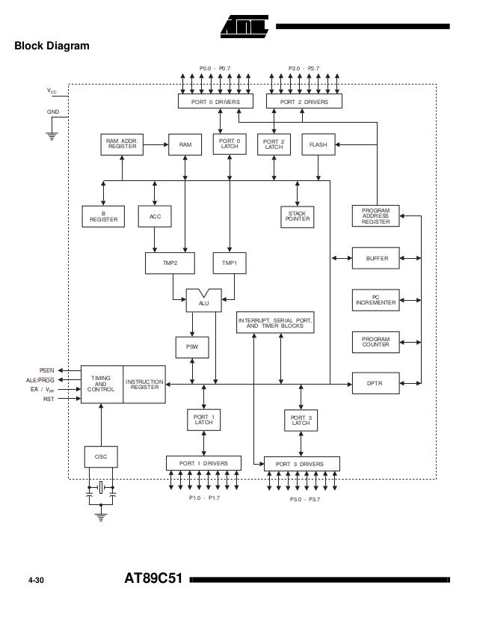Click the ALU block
point(203,302)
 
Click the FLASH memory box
point(319,144)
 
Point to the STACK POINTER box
point(298,217)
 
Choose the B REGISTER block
point(104,217)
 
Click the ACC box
point(155,217)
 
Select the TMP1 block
point(230,263)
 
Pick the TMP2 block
point(170,263)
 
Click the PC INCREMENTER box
point(375,301)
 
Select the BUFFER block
point(375,258)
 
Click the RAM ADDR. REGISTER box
point(122,144)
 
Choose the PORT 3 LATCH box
point(301,420)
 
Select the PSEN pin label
point(47,370)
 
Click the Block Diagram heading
point(52,46)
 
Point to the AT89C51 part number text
point(156,580)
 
